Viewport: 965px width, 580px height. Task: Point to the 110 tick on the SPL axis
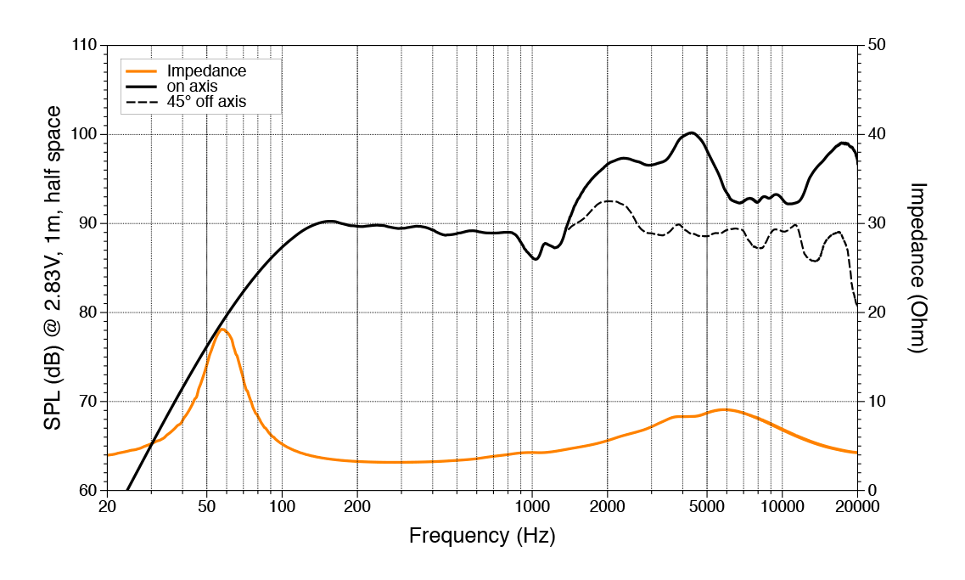pos(83,45)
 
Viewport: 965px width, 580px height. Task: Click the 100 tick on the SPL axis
pos(83,134)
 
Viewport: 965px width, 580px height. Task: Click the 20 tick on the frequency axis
pos(108,508)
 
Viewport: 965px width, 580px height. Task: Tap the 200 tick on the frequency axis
pos(357,508)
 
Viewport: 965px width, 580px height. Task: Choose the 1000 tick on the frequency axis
pos(531,508)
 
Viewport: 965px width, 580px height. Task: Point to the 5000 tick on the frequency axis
pos(706,508)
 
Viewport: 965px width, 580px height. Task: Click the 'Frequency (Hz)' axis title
pos(482,537)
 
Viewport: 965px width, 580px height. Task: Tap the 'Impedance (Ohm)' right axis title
pos(918,267)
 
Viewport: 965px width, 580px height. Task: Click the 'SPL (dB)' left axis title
pos(53,267)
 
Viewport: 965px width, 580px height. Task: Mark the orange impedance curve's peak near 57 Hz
pos(222,329)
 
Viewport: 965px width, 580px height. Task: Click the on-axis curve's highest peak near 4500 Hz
pos(692,132)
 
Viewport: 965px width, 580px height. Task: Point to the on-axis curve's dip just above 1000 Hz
pos(536,259)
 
